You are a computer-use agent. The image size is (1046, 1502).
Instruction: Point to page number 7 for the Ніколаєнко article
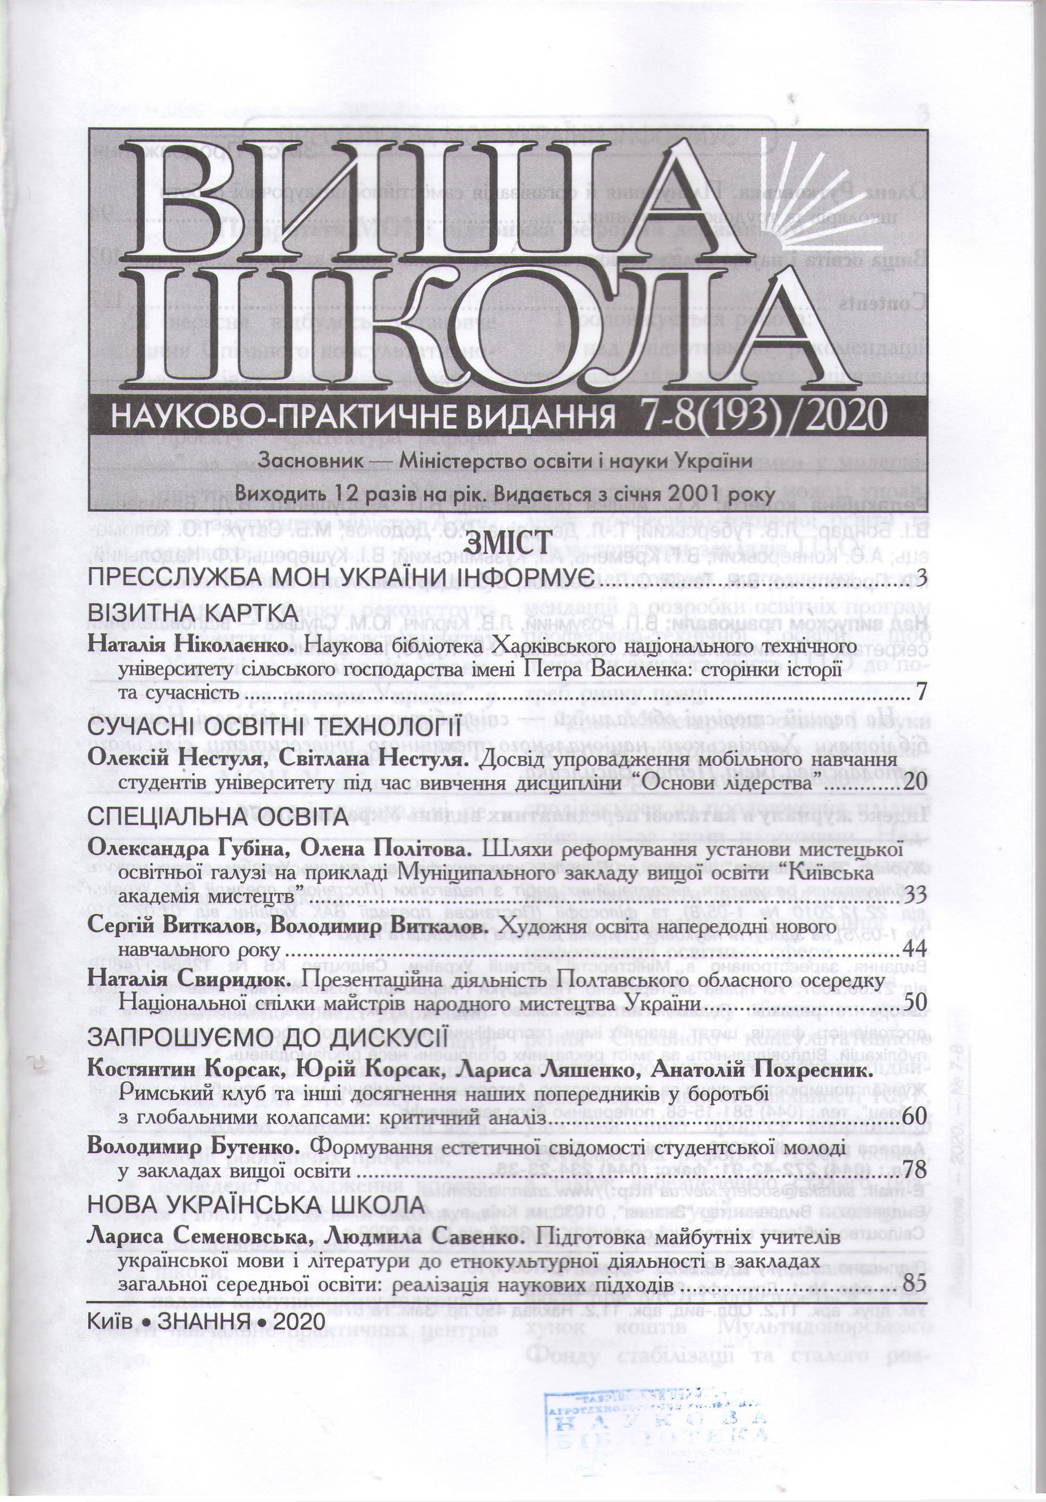pyautogui.click(x=921, y=692)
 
